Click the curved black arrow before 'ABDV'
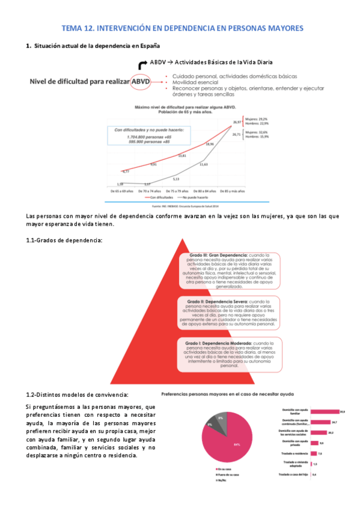click(142, 64)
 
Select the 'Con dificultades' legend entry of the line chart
click(159, 197)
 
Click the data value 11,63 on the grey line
click(204, 164)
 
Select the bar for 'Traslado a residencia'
click(313, 453)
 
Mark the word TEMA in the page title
click(75, 28)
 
